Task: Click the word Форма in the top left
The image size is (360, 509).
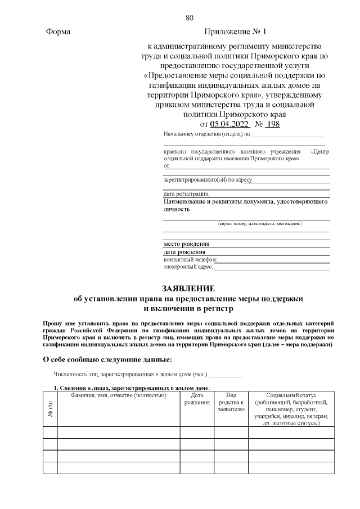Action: pos(57,32)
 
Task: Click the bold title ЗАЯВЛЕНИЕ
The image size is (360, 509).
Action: pos(189,288)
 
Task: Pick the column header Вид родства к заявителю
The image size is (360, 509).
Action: pos(231,403)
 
